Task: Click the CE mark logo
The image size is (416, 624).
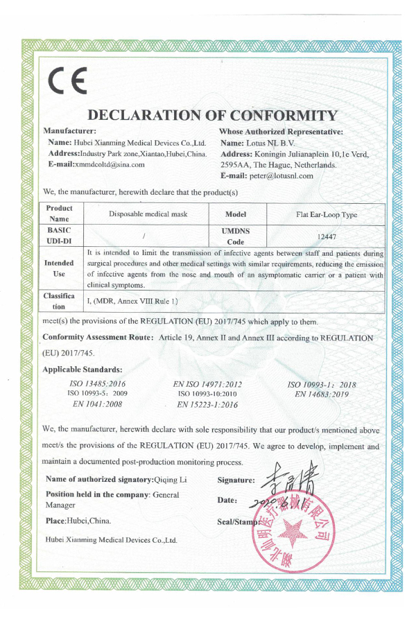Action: pos(67,83)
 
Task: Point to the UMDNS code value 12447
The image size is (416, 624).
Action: pos(326,236)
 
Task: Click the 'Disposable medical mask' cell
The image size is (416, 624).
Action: pos(148,214)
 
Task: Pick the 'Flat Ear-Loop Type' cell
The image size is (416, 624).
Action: pos(326,215)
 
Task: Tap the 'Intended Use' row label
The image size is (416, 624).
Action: pos(60,269)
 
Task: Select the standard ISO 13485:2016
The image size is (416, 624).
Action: pos(98,383)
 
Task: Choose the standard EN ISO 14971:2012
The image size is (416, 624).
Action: pos(207,383)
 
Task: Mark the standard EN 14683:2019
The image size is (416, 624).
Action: pos(321,394)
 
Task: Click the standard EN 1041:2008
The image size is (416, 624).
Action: pos(97,404)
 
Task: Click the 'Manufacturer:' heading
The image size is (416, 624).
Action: pos(69,130)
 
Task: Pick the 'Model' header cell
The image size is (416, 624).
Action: pos(236,215)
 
